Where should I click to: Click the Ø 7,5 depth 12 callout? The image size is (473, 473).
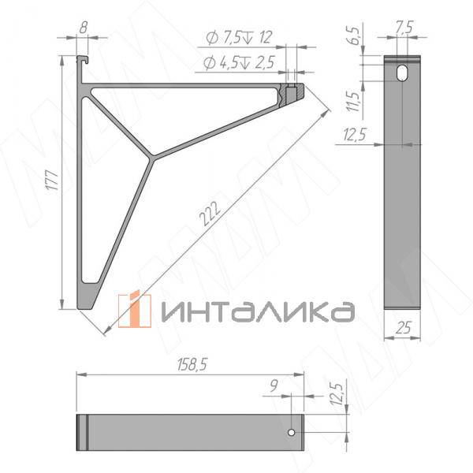point(237,38)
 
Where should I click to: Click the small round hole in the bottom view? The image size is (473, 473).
point(291,432)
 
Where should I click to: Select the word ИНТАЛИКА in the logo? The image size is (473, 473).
point(257,311)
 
